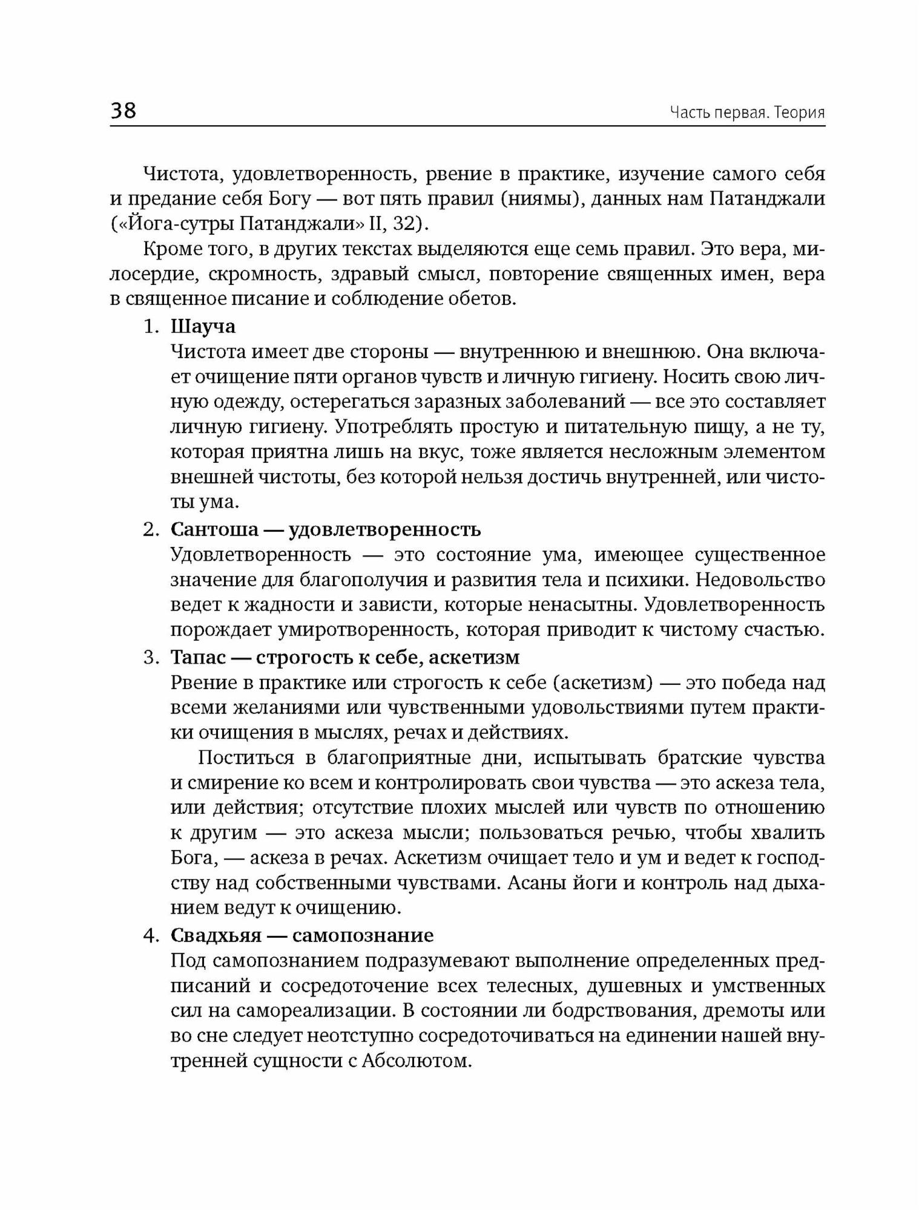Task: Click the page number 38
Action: [124, 111]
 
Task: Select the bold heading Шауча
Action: [203, 327]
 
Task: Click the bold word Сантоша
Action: [214, 529]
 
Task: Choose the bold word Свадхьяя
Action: [214, 935]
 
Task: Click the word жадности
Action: [274, 604]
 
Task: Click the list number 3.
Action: [151, 658]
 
